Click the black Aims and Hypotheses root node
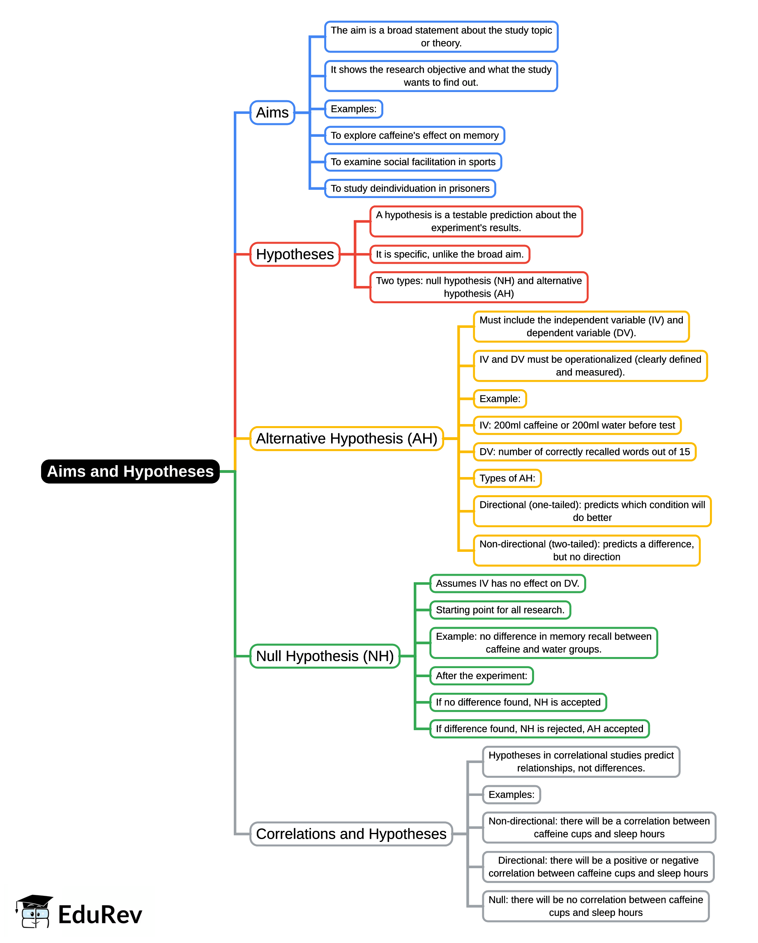[x=130, y=472]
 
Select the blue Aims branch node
[x=272, y=113]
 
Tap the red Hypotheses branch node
[x=295, y=254]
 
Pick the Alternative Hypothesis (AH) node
[x=346, y=438]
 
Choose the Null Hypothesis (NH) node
[x=325, y=656]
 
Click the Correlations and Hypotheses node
[x=351, y=834]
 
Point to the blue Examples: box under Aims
[x=353, y=109]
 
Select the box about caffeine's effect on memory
[x=414, y=136]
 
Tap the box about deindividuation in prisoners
[x=410, y=189]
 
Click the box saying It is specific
[x=449, y=254]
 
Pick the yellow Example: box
[x=500, y=399]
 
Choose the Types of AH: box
[x=507, y=478]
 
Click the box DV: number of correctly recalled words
[x=584, y=452]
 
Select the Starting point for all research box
[x=500, y=610]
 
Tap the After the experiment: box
[x=481, y=676]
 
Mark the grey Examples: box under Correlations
[x=511, y=795]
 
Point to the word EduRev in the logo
[x=100, y=915]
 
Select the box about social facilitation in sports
[x=413, y=162]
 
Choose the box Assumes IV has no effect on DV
[x=507, y=583]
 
